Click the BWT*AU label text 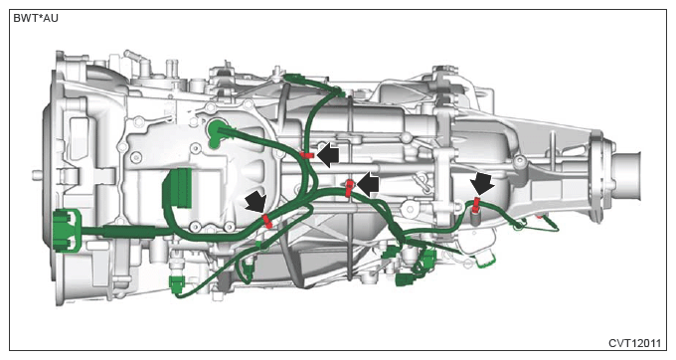pyautogui.click(x=36, y=19)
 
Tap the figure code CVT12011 pyautogui.click(x=634, y=343)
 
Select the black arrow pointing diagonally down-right pyautogui.click(x=256, y=202)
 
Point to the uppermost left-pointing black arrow pyautogui.click(x=328, y=155)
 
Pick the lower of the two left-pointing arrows pyautogui.click(x=368, y=185)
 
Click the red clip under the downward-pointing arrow pyautogui.click(x=476, y=205)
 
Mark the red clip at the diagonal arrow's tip pyautogui.click(x=267, y=221)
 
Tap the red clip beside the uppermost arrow pyautogui.click(x=307, y=155)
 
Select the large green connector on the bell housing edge pyautogui.click(x=67, y=231)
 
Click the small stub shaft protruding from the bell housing pyautogui.click(x=37, y=175)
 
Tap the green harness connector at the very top pyautogui.click(x=294, y=79)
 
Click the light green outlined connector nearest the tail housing pyautogui.click(x=485, y=260)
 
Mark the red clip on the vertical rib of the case pyautogui.click(x=349, y=188)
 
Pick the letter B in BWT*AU pyautogui.click(x=17, y=19)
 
